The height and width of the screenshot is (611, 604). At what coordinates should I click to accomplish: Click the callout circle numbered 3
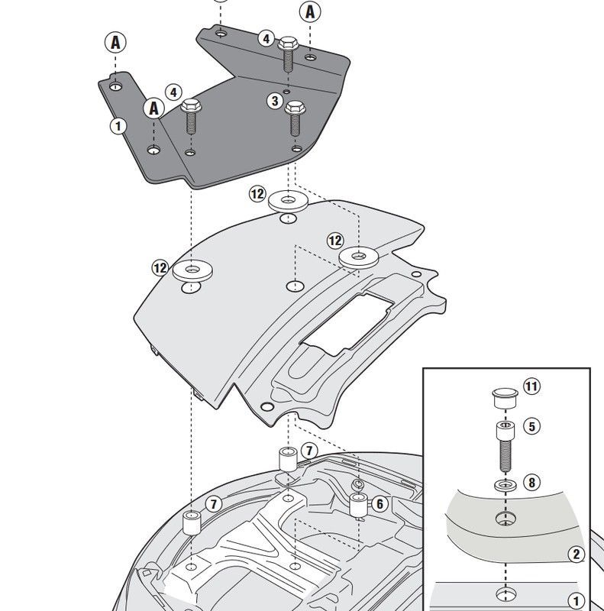(275, 101)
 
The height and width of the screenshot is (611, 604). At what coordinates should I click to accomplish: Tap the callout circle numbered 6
(380, 503)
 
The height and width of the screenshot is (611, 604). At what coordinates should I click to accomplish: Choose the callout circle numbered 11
(531, 386)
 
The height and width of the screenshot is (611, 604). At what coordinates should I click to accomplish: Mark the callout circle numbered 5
(531, 427)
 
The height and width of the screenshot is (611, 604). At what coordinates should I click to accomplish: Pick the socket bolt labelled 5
(504, 445)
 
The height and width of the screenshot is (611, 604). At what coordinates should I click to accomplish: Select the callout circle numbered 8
(531, 483)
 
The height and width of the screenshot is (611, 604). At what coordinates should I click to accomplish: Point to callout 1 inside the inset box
(577, 601)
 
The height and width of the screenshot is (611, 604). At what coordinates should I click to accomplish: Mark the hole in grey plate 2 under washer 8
(504, 519)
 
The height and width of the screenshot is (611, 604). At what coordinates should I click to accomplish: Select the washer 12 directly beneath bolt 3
(288, 202)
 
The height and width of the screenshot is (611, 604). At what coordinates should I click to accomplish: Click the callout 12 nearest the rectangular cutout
(335, 241)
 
